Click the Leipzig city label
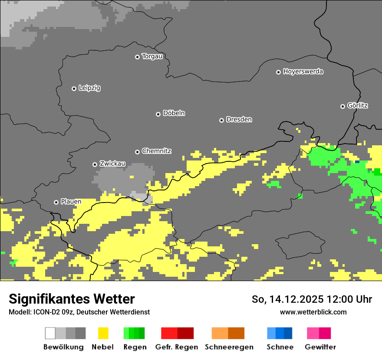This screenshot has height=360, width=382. point(89,88)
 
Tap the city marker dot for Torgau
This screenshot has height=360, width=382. point(137,57)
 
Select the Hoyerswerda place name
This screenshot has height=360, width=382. point(303,72)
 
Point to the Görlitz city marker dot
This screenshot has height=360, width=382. point(342,106)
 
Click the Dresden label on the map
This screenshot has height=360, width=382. point(239,120)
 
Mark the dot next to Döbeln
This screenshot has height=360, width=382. point(158,114)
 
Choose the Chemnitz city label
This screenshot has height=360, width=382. point(156,151)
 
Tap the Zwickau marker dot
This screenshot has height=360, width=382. point(95,164)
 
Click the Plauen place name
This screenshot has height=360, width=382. point(71,202)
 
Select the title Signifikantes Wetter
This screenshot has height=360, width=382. point(72,299)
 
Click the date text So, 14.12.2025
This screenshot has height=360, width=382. point(286,299)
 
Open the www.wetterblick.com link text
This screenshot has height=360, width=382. point(313,312)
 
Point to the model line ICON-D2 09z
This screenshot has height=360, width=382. point(79,312)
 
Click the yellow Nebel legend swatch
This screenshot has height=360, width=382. point(103,333)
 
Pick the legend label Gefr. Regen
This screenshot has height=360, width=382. point(177,347)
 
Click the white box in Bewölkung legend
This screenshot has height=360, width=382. point(50,333)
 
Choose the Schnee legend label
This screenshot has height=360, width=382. point(280,347)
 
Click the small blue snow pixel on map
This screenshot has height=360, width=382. point(357,162)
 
